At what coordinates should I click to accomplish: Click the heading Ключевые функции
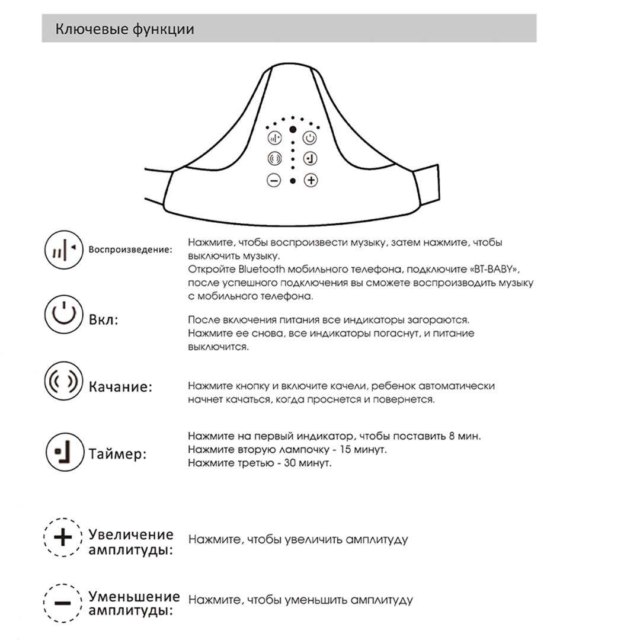coord(124,29)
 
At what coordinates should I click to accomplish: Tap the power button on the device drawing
coord(310,138)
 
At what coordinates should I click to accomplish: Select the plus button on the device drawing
coord(311,180)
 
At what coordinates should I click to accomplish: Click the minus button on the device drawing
coord(274,180)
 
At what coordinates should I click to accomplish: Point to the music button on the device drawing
coord(274,138)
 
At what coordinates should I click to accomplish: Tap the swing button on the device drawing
coord(274,159)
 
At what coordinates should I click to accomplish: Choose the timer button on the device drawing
coord(310,159)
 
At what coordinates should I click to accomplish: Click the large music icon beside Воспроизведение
coord(63,249)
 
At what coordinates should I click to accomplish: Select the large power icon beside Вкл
coord(63,315)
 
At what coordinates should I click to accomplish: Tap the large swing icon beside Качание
coord(63,381)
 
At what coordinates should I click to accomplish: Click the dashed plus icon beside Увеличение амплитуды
coord(63,537)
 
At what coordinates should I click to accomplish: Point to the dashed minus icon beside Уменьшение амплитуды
coord(63,603)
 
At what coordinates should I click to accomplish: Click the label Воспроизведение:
coord(130,249)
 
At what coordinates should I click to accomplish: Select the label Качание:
coord(120,387)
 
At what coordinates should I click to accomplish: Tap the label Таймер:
coord(117,455)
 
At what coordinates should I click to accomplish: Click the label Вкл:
coord(104,320)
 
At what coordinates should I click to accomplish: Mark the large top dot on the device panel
coord(292,129)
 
